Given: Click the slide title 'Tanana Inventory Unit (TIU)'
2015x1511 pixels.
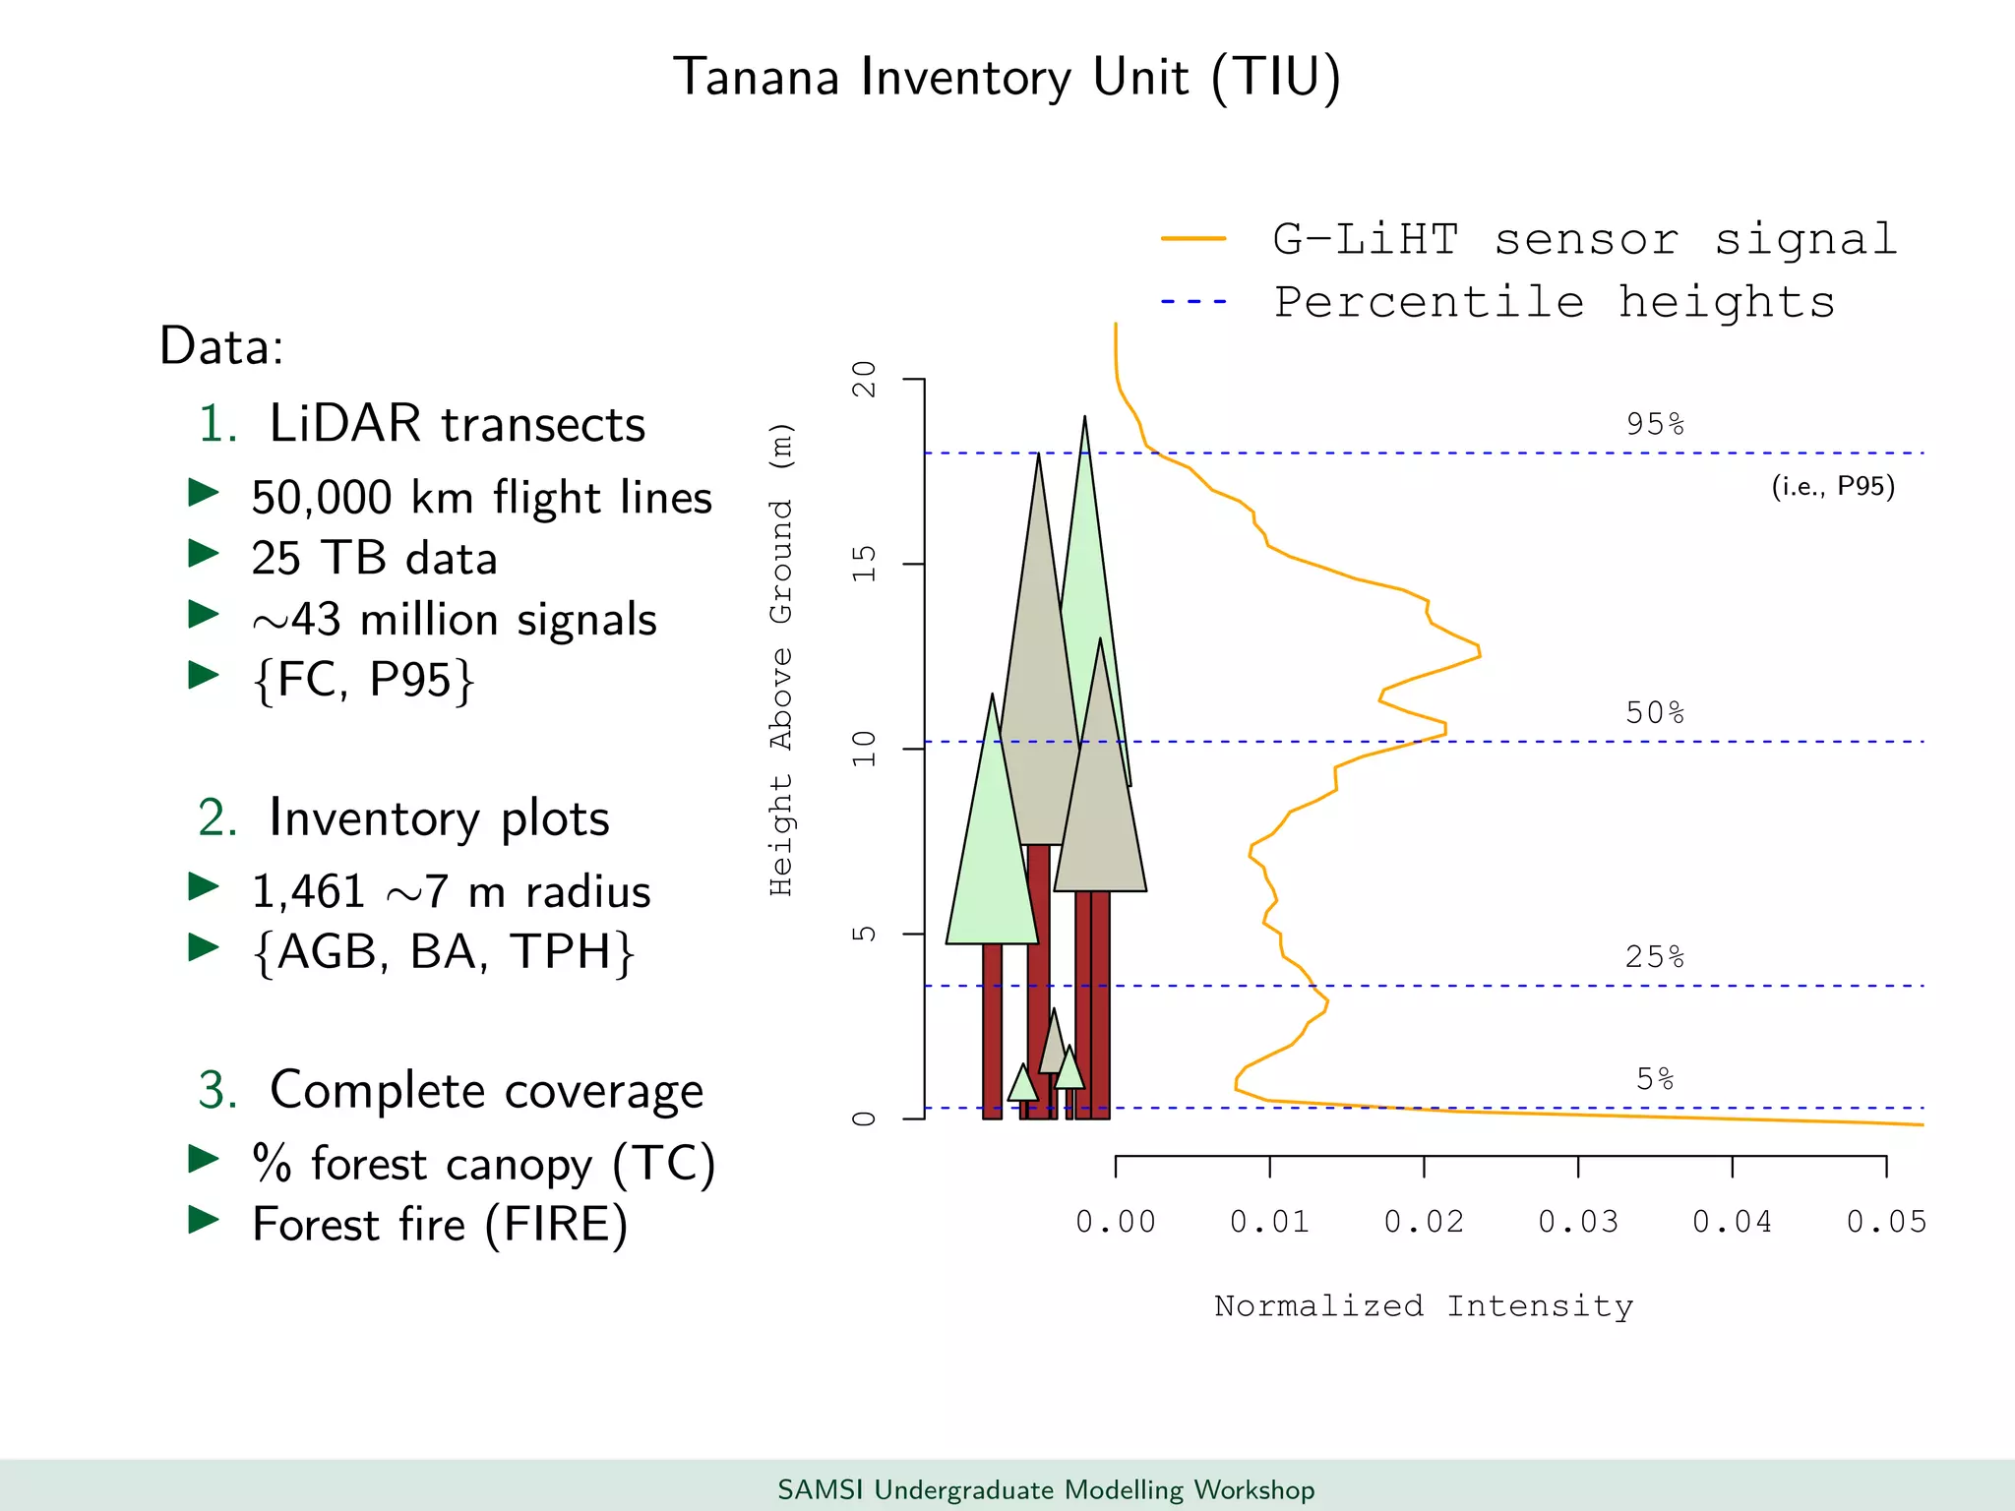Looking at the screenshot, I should [x=1007, y=78].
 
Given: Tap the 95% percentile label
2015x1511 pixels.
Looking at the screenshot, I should [x=1655, y=424].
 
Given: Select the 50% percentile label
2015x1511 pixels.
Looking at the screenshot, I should [x=1655, y=712].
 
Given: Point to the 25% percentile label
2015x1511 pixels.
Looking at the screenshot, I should [x=1655, y=956].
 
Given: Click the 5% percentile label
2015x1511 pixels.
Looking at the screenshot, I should [x=1655, y=1079].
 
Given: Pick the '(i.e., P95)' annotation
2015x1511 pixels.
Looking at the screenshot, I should [x=1833, y=486].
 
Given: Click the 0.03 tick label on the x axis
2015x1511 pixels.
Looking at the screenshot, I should [x=1577, y=1222].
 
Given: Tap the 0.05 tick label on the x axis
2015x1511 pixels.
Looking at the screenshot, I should [x=1886, y=1222].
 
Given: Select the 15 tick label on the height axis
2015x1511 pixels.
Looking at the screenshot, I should [x=864, y=564].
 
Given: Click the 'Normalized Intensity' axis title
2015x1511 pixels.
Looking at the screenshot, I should [x=1424, y=1306].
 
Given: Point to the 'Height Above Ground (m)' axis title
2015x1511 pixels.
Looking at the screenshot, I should [x=781, y=659].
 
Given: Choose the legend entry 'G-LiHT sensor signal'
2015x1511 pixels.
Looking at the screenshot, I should [x=1584, y=240].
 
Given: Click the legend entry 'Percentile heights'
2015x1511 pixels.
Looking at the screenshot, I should [x=1555, y=302].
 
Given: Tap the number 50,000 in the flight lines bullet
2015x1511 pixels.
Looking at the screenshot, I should [x=322, y=498].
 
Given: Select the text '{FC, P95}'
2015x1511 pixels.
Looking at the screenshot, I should [x=364, y=680].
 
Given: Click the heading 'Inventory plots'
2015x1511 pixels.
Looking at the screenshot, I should [x=439, y=818].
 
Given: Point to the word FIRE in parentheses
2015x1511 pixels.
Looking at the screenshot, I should [x=556, y=1225].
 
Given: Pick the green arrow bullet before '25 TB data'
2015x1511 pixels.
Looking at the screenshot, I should [x=204, y=554].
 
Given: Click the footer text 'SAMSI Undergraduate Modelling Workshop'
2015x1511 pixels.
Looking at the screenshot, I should [x=1046, y=1489].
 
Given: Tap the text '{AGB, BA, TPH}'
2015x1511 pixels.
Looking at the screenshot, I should [x=444, y=952].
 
